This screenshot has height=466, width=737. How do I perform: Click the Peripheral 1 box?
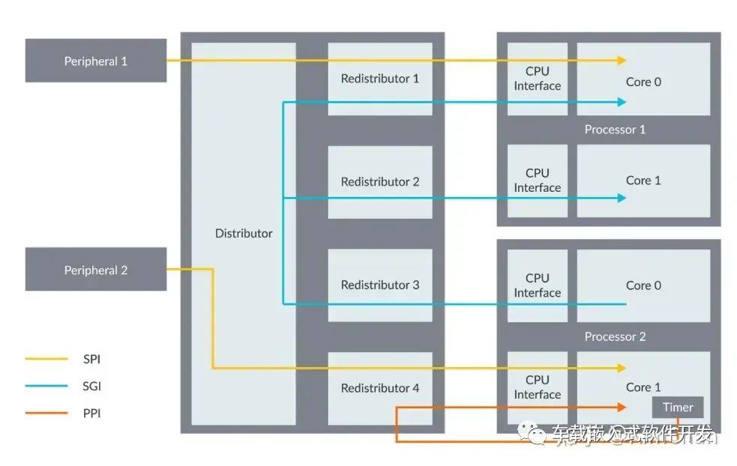(96, 61)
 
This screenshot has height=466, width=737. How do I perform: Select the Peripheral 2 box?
(96, 269)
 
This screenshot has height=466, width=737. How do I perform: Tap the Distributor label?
(244, 234)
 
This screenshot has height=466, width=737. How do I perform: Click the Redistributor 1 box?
(380, 79)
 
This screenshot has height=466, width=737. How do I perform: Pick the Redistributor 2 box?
(380, 182)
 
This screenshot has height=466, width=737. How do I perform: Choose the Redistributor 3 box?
(380, 285)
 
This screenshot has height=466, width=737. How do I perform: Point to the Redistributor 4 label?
(380, 388)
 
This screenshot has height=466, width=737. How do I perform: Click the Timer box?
(678, 408)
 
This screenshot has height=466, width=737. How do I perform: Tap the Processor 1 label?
(615, 130)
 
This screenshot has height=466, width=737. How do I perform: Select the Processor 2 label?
(615, 336)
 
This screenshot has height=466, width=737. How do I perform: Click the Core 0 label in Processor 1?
(643, 82)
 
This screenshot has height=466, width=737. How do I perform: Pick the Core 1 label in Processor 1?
(643, 181)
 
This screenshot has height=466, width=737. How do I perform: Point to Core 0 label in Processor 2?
(643, 285)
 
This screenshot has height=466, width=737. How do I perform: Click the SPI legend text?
(91, 360)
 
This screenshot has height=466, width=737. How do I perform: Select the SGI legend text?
(91, 386)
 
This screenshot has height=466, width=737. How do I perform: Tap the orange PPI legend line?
(46, 413)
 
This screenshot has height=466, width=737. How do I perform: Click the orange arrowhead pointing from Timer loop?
(622, 408)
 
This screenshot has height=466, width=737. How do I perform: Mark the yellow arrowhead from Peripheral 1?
(622, 60)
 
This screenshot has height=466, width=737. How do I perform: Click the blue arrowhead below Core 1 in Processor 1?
(622, 198)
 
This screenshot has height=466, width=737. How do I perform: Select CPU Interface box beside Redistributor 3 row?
(538, 285)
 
